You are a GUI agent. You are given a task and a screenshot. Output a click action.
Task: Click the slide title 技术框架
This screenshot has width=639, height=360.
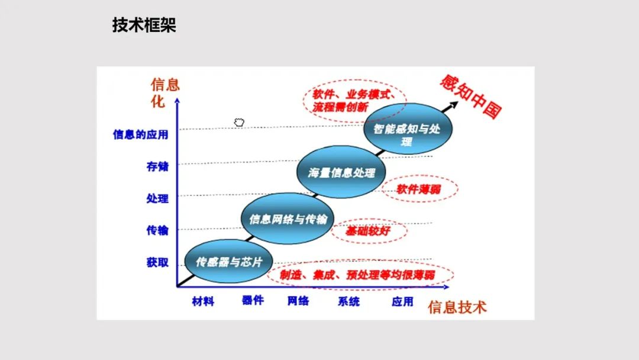[x=144, y=25]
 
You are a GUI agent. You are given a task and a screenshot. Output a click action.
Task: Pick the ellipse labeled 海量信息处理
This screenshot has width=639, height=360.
[x=341, y=173]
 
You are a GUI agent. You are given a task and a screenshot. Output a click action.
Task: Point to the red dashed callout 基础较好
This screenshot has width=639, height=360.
[x=368, y=231]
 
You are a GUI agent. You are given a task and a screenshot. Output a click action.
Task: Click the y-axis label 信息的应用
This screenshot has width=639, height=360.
[x=141, y=134]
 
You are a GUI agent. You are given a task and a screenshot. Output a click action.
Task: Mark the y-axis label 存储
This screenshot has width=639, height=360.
[x=157, y=166]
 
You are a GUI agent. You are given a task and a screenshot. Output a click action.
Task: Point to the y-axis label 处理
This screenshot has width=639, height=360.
[x=157, y=198]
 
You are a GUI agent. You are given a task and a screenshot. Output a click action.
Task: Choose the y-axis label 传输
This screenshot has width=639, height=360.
[x=157, y=230]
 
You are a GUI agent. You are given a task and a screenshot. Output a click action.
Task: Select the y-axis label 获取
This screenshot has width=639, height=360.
[x=157, y=262]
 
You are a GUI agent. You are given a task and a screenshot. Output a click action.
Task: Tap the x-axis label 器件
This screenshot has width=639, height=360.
[x=253, y=300]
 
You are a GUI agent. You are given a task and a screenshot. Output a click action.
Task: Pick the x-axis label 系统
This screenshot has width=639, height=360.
[x=348, y=301]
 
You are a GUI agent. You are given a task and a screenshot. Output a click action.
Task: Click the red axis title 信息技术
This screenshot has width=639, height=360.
[x=457, y=307]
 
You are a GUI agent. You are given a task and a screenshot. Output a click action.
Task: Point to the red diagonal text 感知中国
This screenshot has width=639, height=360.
[x=471, y=97]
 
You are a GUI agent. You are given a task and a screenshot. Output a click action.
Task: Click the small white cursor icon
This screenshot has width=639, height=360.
[x=239, y=123]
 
